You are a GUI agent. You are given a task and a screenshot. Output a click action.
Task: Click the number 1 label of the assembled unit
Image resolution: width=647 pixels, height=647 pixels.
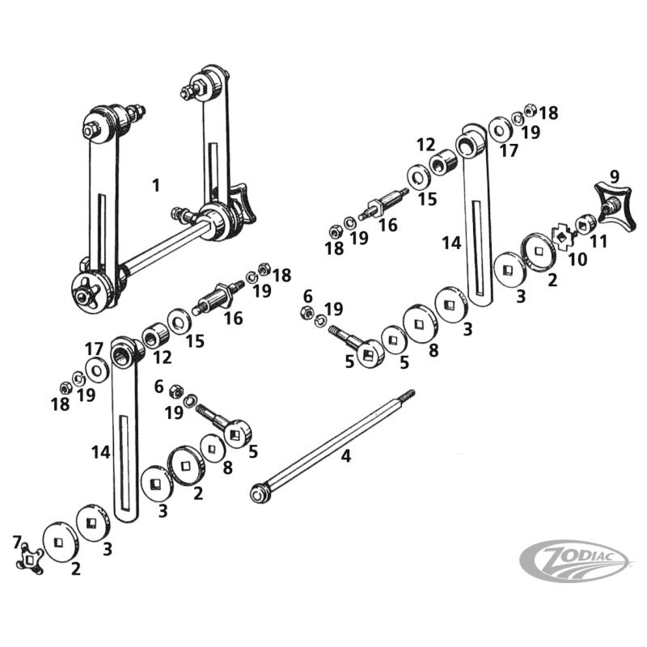[x=155, y=185]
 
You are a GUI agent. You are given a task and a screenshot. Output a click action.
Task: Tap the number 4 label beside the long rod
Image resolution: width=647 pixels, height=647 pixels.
[x=346, y=456]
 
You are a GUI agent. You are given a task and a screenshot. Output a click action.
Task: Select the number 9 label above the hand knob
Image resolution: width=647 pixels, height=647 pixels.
[x=615, y=175]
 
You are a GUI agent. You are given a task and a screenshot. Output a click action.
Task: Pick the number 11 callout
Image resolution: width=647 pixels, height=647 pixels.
[x=599, y=240]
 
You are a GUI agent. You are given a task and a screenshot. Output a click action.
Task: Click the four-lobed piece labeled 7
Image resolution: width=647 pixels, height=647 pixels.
[x=30, y=557]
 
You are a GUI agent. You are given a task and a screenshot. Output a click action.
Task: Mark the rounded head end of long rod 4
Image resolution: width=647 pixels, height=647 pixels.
[x=260, y=492]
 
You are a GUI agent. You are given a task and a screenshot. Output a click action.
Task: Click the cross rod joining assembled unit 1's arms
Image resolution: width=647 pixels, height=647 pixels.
[x=162, y=252]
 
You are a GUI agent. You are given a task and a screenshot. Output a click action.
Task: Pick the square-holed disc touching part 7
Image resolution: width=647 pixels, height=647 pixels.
[x=57, y=539]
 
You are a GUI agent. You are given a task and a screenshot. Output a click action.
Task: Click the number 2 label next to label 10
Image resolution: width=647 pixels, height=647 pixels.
[x=552, y=281]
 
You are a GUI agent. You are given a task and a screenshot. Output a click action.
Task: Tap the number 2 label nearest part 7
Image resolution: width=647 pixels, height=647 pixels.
[x=75, y=569]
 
